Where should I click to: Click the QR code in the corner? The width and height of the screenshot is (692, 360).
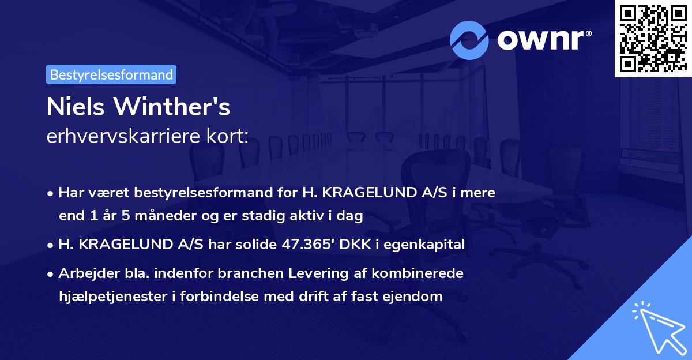(x=653, y=39)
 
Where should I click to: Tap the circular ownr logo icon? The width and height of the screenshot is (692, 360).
(x=468, y=40)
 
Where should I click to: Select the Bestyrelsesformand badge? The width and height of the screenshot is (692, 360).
(x=111, y=74)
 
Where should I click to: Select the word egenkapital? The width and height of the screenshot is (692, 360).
(x=428, y=244)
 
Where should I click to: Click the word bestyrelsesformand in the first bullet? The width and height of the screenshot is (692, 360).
(x=195, y=193)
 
